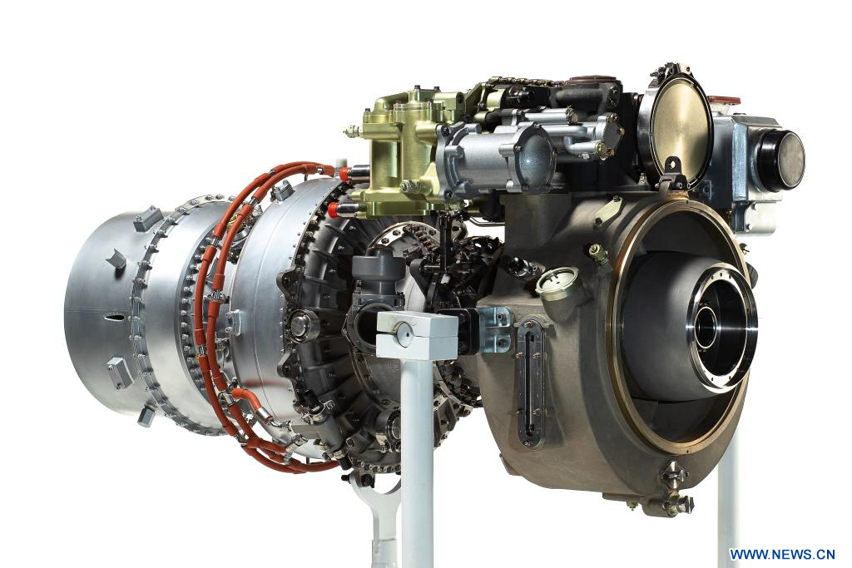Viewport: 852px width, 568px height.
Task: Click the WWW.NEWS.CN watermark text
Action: click(x=782, y=555)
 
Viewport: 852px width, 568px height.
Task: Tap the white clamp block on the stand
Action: click(x=417, y=335)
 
